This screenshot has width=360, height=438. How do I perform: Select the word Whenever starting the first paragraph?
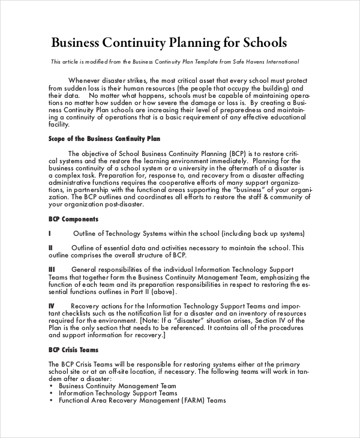click(86, 80)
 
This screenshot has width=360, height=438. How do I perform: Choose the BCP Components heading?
click(73, 219)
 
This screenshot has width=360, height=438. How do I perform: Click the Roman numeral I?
click(49, 233)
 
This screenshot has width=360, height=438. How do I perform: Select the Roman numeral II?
click(50, 248)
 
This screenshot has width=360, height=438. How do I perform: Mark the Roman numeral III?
click(52, 269)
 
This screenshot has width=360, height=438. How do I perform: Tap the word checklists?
click(71, 313)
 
